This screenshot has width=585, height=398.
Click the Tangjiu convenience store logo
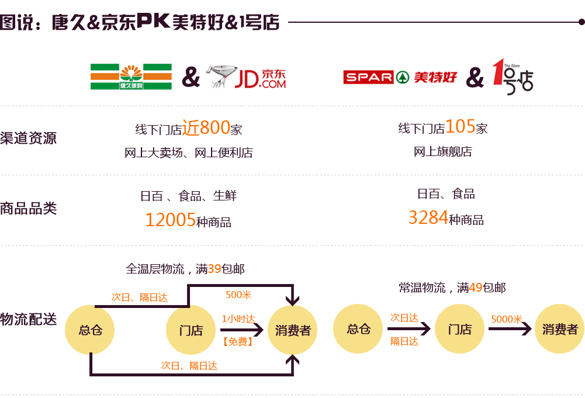131,77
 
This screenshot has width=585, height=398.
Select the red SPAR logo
368,77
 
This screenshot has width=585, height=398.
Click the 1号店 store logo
512,77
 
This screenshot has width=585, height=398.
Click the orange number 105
460,126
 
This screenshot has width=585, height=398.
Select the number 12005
170,220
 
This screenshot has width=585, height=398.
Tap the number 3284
428,218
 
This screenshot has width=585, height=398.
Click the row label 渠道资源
29,138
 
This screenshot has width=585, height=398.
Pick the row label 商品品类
29,208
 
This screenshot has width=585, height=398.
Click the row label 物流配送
29,319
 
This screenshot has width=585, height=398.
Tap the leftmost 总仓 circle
90,330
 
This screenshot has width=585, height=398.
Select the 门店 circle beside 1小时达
191,330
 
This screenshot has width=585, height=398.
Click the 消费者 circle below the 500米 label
293,330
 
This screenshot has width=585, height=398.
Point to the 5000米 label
506,319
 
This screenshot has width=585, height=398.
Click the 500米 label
238,295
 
